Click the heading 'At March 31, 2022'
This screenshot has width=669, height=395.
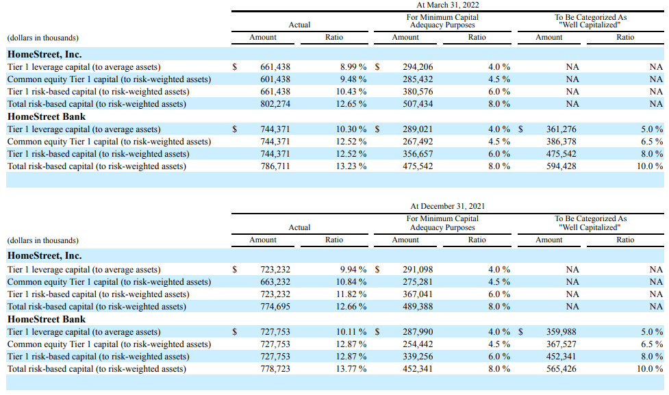448,5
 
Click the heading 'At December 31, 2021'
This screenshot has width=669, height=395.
448,206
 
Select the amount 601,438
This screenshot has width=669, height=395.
275,79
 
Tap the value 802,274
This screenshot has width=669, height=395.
275,104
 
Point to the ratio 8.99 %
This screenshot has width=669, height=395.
353,67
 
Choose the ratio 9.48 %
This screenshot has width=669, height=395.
353,79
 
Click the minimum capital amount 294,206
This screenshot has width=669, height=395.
418,67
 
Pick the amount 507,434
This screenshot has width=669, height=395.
418,104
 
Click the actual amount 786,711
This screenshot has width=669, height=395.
275,166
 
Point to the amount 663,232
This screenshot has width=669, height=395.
275,282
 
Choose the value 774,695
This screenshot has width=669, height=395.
275,307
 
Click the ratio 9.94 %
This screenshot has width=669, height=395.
353,270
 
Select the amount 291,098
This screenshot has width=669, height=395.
418,270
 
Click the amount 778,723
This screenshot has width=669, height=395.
275,369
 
